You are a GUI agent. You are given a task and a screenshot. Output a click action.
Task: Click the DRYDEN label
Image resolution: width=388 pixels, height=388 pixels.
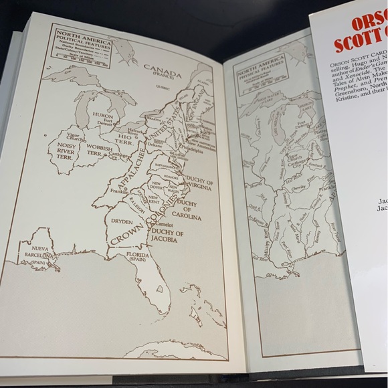(x=121, y=220)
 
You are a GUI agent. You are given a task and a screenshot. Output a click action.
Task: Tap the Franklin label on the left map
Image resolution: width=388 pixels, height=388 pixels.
(x=119, y=191)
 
